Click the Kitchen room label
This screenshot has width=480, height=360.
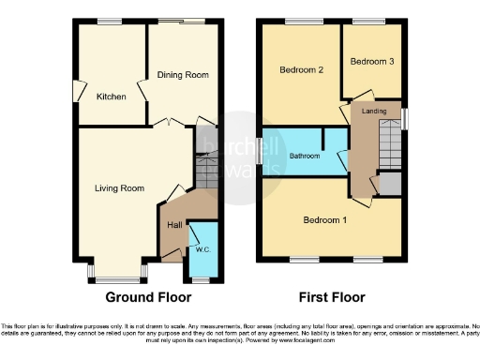point(111,96)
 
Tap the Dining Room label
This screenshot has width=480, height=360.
point(183,75)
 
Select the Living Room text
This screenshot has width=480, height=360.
point(119,188)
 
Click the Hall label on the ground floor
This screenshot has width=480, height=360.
point(174,225)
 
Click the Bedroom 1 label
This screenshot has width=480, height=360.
point(324,220)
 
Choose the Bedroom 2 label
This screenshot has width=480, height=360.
point(301,70)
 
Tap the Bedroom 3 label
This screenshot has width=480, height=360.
point(372,61)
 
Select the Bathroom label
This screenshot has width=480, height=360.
point(305,156)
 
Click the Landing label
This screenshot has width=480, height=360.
point(374,112)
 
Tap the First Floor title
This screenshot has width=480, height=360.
point(332,298)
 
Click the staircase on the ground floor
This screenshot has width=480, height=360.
point(207,169)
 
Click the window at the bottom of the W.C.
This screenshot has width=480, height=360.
point(201,279)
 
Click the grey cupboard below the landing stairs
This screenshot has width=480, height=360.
point(387,184)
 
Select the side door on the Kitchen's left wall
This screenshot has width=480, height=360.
point(76,94)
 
